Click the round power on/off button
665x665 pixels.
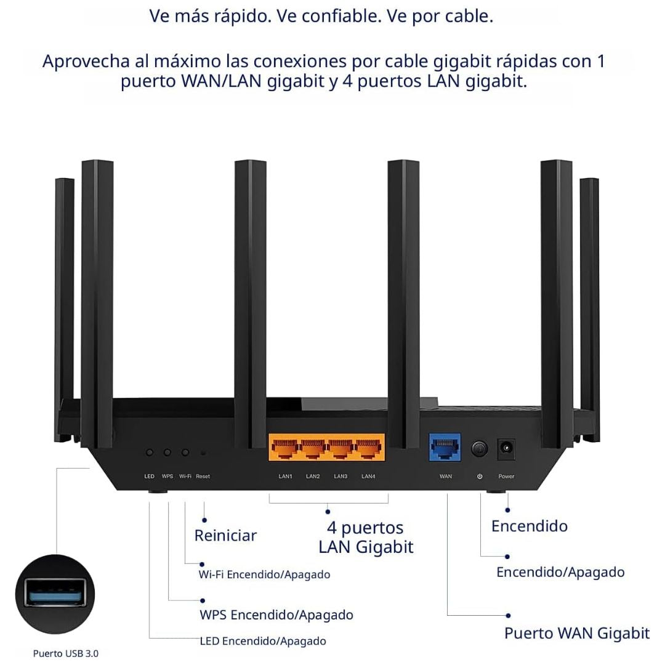480,449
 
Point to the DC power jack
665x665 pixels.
506,448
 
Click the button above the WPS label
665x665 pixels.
167,453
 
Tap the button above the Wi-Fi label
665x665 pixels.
185,453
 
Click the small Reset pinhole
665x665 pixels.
203,453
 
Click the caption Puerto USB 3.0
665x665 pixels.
65,653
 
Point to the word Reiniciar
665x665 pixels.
225,535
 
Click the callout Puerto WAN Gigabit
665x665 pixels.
576,633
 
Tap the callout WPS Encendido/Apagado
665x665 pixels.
276,615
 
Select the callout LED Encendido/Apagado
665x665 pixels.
263,641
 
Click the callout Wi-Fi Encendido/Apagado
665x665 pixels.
264,574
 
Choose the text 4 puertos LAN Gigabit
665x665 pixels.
366,537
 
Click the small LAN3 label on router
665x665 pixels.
341,477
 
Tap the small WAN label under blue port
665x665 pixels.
446,477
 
